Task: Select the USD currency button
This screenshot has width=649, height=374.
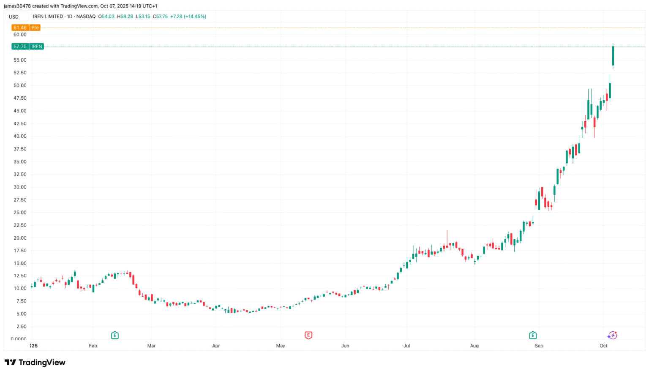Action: [14, 17]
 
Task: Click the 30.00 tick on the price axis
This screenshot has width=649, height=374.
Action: [20, 187]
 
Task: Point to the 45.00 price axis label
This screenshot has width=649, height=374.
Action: [20, 111]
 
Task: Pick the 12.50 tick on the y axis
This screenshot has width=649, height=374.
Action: [20, 276]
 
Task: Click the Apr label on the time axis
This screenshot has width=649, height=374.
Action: [216, 346]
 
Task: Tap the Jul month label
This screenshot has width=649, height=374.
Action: [406, 346]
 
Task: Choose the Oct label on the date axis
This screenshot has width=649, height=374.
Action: [603, 346]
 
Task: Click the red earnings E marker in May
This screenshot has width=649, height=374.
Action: [308, 335]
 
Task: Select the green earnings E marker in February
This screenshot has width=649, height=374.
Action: [115, 335]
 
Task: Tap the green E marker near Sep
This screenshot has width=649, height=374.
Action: [533, 335]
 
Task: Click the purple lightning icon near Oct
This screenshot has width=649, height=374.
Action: [612, 336]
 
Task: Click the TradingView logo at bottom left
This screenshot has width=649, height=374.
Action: [35, 363]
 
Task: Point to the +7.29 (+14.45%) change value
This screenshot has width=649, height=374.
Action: [188, 16]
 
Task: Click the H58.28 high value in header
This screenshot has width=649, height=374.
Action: [125, 16]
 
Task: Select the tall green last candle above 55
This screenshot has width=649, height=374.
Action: [613, 56]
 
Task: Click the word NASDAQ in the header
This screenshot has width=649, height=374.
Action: [86, 16]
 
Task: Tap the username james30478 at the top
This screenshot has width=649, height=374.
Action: [17, 6]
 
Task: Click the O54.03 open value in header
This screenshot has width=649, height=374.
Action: [106, 16]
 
